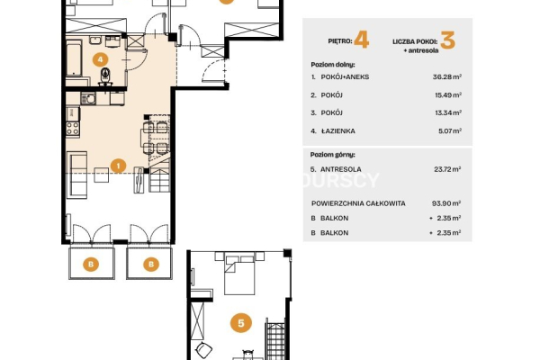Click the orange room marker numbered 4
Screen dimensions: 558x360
pyautogui.click(x=101, y=59)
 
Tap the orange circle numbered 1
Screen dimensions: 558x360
pyautogui.click(x=118, y=166)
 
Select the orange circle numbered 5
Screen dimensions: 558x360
pyautogui.click(x=241, y=323)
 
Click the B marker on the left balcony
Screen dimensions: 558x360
pyautogui.click(x=91, y=265)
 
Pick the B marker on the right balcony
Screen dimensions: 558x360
pyautogui.click(x=151, y=265)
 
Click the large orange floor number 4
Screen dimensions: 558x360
pyautogui.click(x=362, y=40)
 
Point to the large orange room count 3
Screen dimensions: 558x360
pyautogui.click(x=447, y=40)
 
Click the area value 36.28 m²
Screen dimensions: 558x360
pyautogui.click(x=447, y=76)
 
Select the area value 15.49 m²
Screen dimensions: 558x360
pyautogui.click(x=448, y=95)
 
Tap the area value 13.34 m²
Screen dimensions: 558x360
pyautogui.click(x=448, y=112)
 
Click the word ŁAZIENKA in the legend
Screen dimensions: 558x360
pyautogui.click(x=338, y=130)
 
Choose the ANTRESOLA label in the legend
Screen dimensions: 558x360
pyautogui.click(x=341, y=169)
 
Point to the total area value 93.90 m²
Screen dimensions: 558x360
pyautogui.click(x=446, y=203)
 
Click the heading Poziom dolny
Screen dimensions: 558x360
pyautogui.click(x=333, y=65)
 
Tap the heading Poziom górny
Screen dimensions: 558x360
pyautogui.click(x=333, y=155)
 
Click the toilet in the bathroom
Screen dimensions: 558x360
pyautogui.click(x=105, y=76)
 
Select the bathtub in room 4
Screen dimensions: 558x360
pyautogui.click(x=74, y=58)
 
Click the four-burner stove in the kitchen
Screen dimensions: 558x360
pyautogui.click(x=73, y=129)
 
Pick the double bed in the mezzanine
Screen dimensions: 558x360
pyautogui.click(x=239, y=274)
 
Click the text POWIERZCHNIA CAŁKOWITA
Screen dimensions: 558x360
pyautogui.click(x=358, y=203)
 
